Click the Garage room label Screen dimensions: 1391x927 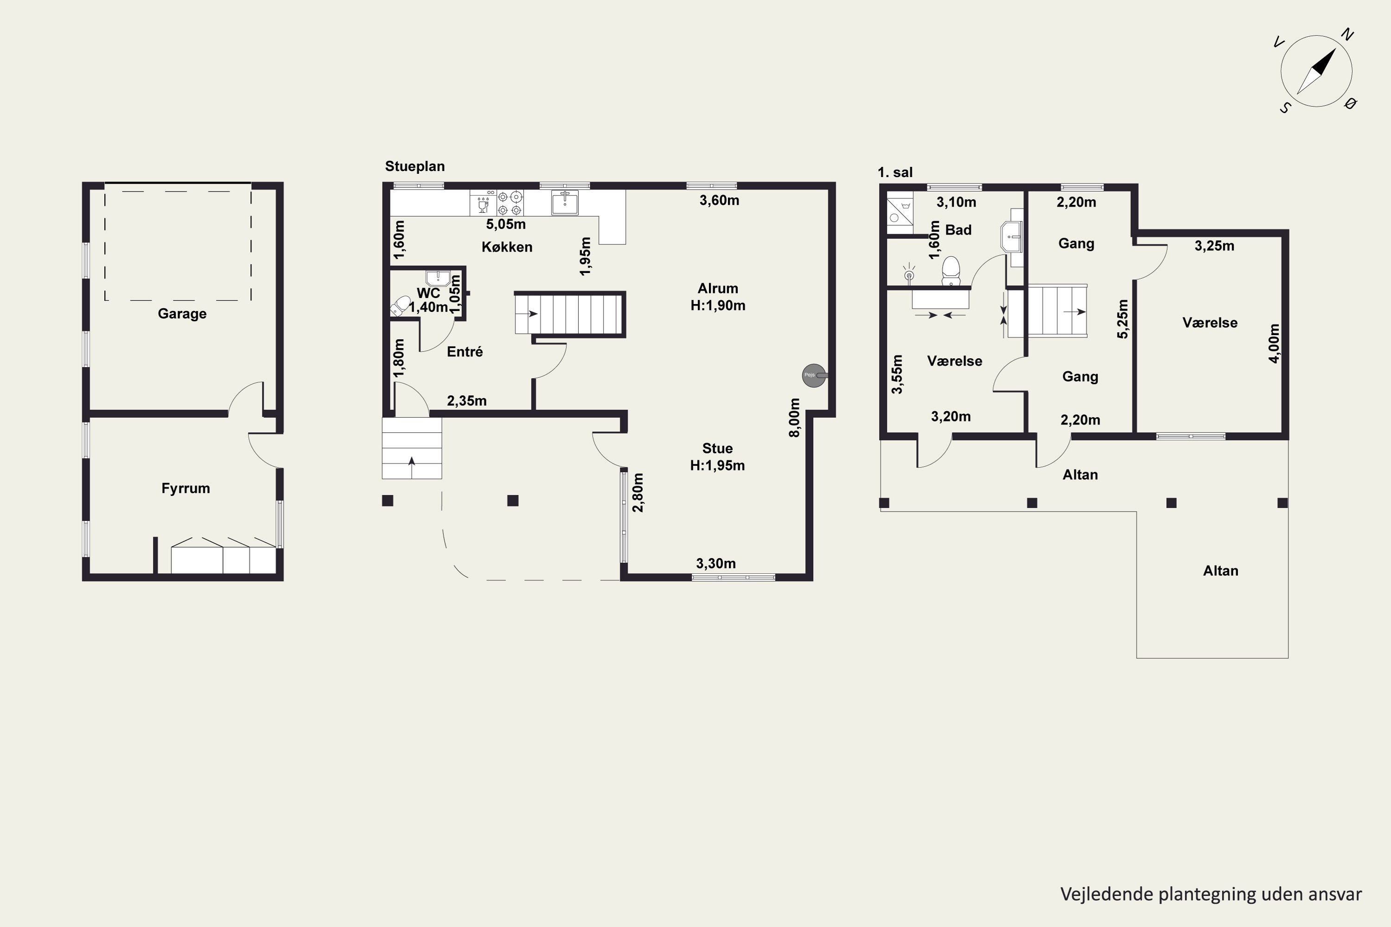coord(182,314)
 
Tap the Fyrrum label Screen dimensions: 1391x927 coord(186,489)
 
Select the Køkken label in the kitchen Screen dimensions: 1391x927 coord(507,247)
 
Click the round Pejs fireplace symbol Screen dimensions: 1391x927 coord(814,375)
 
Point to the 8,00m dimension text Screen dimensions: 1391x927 coord(795,418)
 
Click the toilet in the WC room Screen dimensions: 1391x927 coord(401,305)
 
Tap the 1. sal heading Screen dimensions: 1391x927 coord(895,172)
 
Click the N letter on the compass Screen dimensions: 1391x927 coord(1347,35)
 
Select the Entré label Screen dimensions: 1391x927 coord(465,352)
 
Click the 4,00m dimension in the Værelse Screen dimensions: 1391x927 coord(1275,343)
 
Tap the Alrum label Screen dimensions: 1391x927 coord(718,288)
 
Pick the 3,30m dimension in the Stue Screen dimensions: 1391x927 coord(716,564)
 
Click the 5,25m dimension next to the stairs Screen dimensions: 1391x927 coord(1123,319)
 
